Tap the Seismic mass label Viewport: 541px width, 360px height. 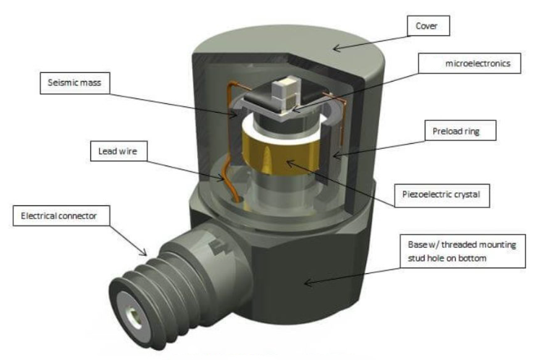pos(72,84)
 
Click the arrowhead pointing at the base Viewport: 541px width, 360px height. pos(306,283)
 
